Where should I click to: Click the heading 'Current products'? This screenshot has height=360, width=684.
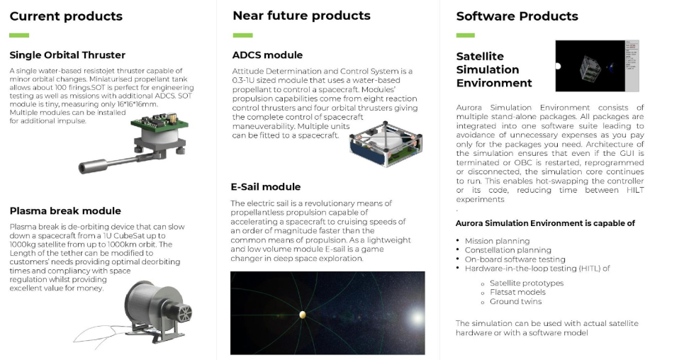pos(66,16)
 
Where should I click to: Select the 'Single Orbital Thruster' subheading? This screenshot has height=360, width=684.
pos(67,55)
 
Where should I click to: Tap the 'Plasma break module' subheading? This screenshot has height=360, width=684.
pos(65,210)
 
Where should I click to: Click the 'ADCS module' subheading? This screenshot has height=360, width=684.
pos(267,55)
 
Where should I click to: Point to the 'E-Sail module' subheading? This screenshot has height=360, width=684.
pos(266,187)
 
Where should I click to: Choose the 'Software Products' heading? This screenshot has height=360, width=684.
pos(517,16)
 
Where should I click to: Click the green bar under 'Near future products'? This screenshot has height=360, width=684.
pos(243,35)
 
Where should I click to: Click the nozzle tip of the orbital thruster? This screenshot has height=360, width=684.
pos(82,167)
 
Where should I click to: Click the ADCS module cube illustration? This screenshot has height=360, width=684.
pos(386,143)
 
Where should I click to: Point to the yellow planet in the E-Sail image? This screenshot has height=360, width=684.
pos(302,314)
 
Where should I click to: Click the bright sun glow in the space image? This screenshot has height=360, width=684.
pos(416,317)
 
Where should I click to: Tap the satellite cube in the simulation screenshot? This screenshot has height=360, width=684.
pos(590,68)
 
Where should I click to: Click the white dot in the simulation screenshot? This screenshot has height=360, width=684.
pos(558,67)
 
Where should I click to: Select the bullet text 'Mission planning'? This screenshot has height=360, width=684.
pos(498,241)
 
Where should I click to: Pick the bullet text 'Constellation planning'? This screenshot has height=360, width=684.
pos(508,250)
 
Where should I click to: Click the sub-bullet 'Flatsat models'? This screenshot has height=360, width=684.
pos(517,293)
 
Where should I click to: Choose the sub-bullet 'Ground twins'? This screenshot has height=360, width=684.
pos(515,301)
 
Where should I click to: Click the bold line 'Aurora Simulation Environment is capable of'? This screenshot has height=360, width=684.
pos(545,223)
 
